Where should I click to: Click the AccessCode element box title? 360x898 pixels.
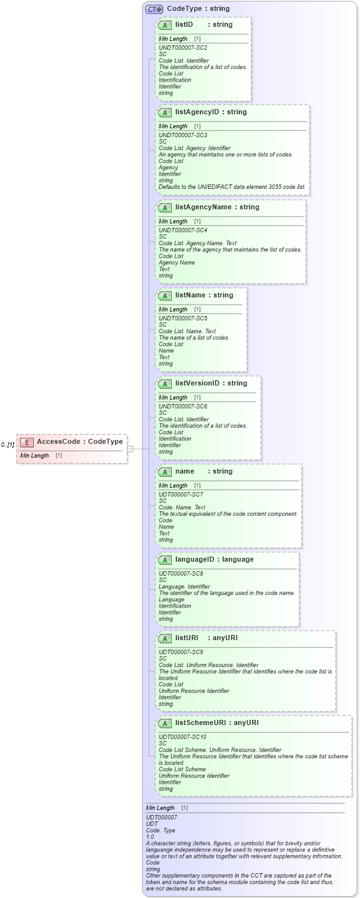pyautogui.click(x=79, y=442)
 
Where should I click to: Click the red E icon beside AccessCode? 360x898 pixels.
pyautogui.click(x=27, y=442)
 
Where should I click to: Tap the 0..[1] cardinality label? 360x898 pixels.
pyautogui.click(x=8, y=444)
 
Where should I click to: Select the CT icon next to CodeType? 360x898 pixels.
pyautogui.click(x=154, y=9)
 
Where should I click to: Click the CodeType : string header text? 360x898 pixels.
pyautogui.click(x=189, y=9)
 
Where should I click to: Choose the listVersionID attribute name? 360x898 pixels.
pyautogui.click(x=197, y=383)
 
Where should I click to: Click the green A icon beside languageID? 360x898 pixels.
pyautogui.click(x=165, y=560)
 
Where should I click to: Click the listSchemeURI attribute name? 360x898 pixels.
pyautogui.click(x=203, y=722)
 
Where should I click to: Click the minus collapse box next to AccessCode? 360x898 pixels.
pyautogui.click(x=130, y=449)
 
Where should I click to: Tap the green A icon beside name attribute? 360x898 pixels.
pyautogui.click(x=165, y=472)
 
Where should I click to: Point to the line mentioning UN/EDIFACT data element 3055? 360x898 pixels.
pyautogui.click(x=232, y=187)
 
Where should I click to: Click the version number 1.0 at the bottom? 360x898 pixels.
pyautogui.click(x=150, y=837)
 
